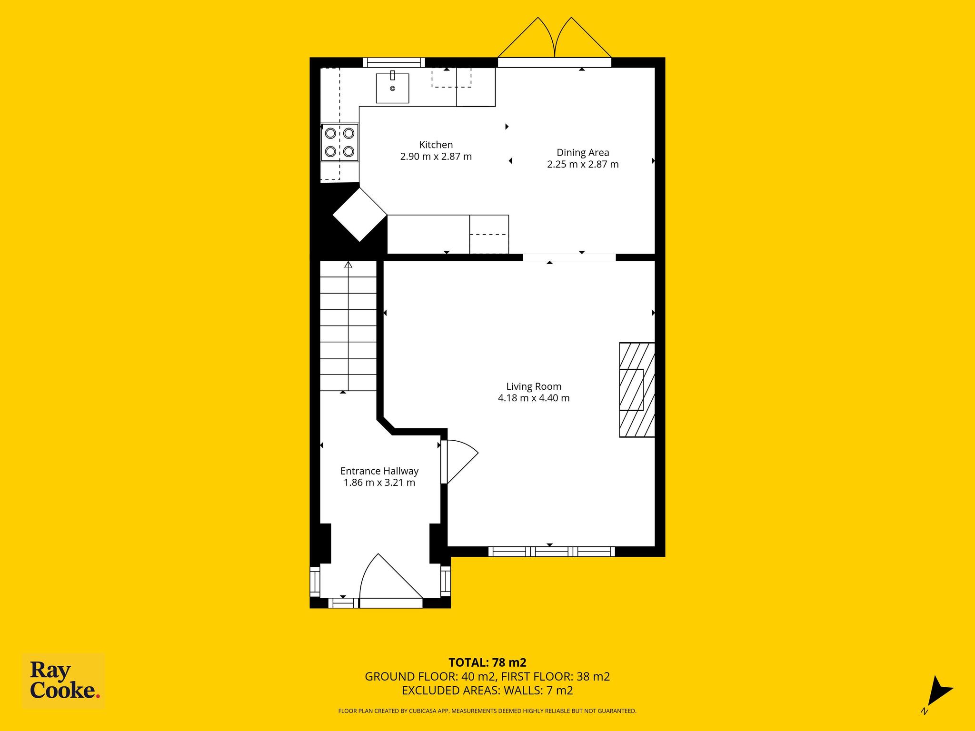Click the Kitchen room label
[x=436, y=145]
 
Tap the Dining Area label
[x=583, y=153]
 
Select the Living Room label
[x=534, y=386]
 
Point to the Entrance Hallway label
[x=379, y=471]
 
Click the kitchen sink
[x=392, y=88]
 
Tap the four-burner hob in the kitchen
[x=339, y=142]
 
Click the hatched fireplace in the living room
[x=637, y=390]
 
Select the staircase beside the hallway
[x=348, y=326]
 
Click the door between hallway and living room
[x=459, y=462]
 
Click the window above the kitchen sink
[x=394, y=62]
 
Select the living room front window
[x=552, y=552]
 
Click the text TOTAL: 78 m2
[x=487, y=662]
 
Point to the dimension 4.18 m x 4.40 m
[x=534, y=398]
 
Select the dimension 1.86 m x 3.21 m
[x=379, y=483]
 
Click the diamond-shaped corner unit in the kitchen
[x=360, y=215]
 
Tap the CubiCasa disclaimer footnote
[x=487, y=711]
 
